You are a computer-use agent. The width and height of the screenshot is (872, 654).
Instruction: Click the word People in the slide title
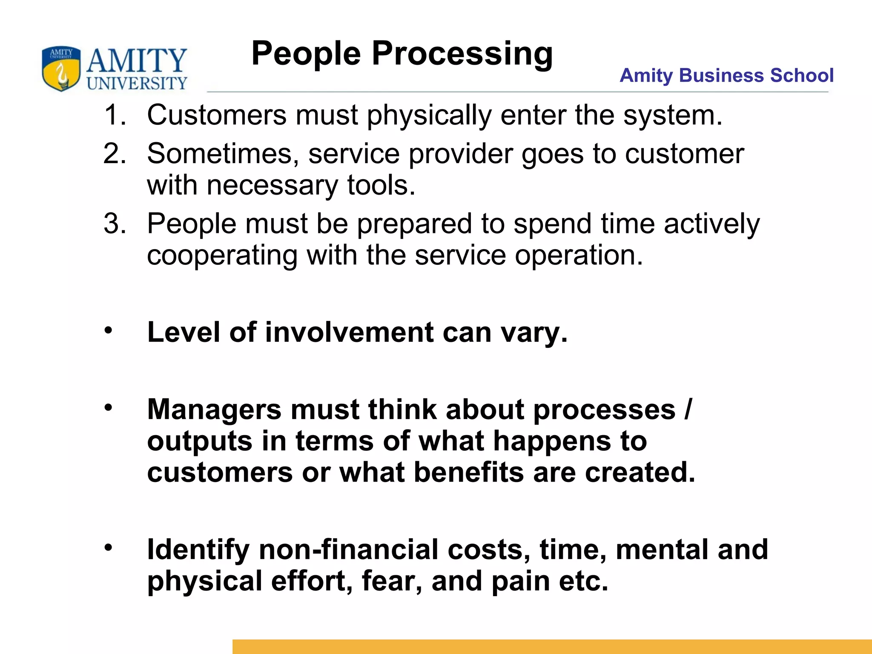point(306,54)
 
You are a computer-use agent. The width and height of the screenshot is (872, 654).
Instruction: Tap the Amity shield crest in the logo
point(61,68)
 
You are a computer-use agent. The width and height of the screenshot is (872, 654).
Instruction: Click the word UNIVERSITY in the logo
point(137,83)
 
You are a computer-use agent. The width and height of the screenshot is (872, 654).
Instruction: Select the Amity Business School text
point(726,75)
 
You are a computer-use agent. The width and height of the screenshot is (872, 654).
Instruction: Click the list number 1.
point(115,115)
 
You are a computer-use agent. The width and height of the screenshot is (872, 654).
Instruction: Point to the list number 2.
point(115,153)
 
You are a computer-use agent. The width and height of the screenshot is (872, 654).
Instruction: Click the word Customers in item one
point(217,115)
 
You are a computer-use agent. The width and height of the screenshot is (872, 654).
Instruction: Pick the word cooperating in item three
point(222,255)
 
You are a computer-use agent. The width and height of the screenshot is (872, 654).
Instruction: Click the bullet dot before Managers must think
point(109,407)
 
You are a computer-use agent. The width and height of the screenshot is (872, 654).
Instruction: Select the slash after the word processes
point(688,410)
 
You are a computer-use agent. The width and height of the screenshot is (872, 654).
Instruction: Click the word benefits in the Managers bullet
point(468,473)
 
